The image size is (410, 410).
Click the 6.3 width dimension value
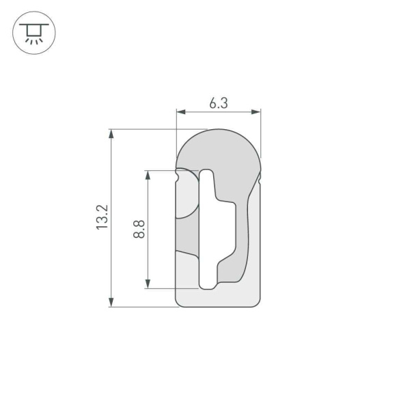(x=218, y=103)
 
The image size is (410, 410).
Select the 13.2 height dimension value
(x=102, y=217)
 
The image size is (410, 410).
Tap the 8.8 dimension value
(x=139, y=228)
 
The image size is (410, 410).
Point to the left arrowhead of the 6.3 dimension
(x=180, y=111)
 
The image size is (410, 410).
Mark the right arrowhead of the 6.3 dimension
(x=258, y=111)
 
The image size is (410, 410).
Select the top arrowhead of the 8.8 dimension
(x=148, y=174)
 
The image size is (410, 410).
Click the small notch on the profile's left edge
(x=178, y=177)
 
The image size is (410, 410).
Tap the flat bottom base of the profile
(x=219, y=298)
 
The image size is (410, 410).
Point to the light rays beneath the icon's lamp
(x=31, y=40)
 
